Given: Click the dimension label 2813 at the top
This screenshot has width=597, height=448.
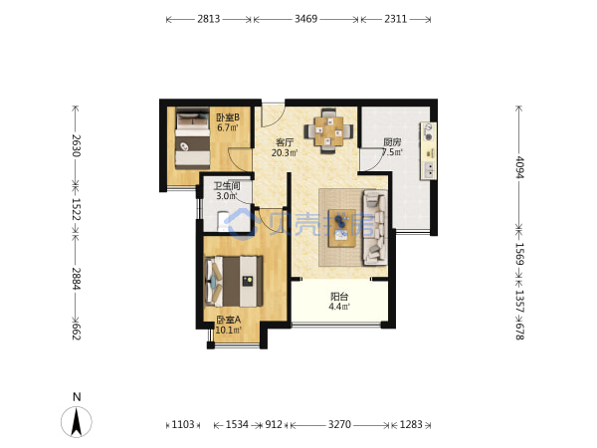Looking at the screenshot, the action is point(208,19).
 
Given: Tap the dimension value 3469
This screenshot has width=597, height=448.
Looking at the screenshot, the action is point(305,19).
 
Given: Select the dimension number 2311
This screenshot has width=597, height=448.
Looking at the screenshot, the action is point(396,19).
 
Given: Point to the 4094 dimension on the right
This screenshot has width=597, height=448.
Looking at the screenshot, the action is point(519,167).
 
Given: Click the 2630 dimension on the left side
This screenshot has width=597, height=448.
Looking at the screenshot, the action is point(76,145).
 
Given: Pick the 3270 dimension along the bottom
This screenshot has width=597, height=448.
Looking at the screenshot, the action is point(339,424).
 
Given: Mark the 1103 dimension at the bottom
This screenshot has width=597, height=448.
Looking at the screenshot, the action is point(183,424).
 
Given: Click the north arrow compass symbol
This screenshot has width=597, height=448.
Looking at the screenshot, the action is point(77,422).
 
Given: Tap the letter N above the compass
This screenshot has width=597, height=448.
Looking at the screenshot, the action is point(77,397).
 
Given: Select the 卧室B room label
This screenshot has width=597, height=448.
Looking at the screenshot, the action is point(228,116).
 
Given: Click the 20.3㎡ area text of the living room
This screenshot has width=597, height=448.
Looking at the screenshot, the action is point(285,152).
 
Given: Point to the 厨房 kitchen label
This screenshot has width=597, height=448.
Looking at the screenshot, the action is point(392,142).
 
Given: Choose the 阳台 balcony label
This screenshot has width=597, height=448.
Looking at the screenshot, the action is point(339,297).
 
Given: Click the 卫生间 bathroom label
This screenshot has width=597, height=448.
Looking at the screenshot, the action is point(227,186).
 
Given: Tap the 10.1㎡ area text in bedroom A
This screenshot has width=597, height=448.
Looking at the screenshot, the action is point(229,330).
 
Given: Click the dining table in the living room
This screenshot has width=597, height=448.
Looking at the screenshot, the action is point(328,131).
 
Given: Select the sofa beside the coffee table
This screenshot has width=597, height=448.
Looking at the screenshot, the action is point(375,227).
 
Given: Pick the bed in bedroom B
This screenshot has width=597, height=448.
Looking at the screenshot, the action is point(192,138).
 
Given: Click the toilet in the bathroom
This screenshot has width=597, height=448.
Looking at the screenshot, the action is point(223,221).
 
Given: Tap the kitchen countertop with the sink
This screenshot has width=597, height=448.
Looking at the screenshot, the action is point(428,151).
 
